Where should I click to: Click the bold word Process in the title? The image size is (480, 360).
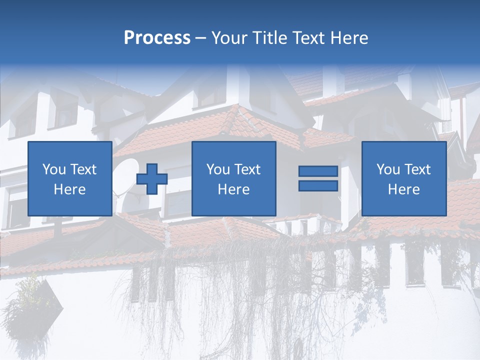pyautogui.click(x=157, y=38)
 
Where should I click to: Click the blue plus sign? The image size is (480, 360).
pyautogui.click(x=152, y=178)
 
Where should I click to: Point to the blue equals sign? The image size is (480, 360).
pyautogui.click(x=318, y=178)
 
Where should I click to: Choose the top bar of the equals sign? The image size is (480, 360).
pyautogui.click(x=318, y=171)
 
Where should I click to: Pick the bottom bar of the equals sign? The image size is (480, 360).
pyautogui.click(x=318, y=185)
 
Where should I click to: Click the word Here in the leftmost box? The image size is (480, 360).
pyautogui.click(x=70, y=189)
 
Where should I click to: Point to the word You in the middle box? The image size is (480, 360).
pyautogui.click(x=218, y=169)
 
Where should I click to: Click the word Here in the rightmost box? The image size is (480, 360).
pyautogui.click(x=404, y=189)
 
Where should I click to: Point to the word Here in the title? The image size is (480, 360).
pyautogui.click(x=350, y=38)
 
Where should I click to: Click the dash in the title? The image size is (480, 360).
pyautogui.click(x=200, y=38)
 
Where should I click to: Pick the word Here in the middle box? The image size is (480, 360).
pyautogui.click(x=234, y=189)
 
